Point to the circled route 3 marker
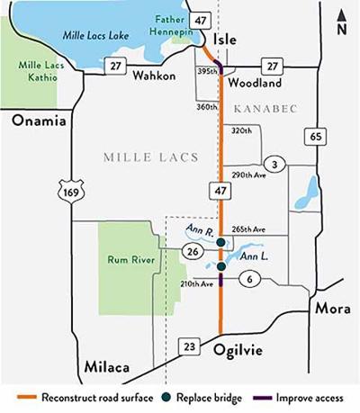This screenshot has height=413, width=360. pos(276,163)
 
